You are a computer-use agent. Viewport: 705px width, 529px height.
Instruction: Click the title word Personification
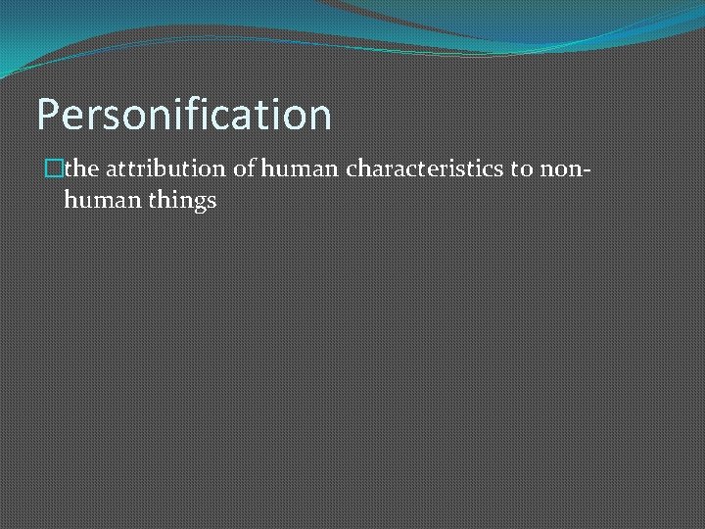tap(184, 115)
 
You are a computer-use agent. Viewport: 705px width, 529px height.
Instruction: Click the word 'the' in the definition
tap(81, 169)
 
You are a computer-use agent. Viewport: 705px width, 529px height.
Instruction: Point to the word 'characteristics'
tap(424, 169)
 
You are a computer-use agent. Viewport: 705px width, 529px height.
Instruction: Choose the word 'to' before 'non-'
tap(521, 169)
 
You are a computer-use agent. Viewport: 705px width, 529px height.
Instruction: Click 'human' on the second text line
tap(96, 202)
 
